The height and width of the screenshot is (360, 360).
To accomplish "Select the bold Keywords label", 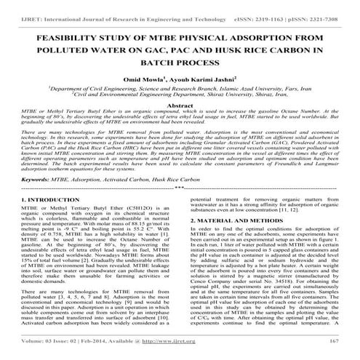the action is pos(38,198).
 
